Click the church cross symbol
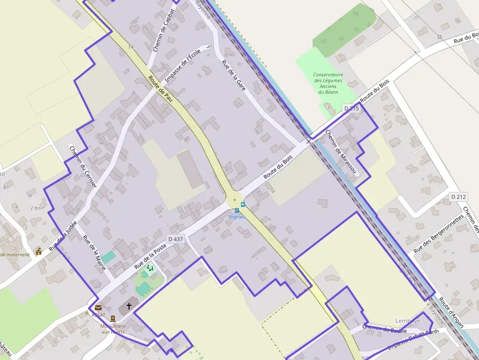click(x=129, y=306)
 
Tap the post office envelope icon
click(x=98, y=308)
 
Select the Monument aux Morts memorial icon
click(x=113, y=318)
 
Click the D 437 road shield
click(x=175, y=239)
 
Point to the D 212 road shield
click(x=459, y=196)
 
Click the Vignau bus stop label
click(x=237, y=216)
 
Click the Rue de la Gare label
click(x=234, y=77)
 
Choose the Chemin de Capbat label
click(x=163, y=30)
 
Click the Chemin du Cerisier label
click(x=83, y=166)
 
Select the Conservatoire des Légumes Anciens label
click(x=328, y=83)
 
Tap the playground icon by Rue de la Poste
click(x=150, y=268)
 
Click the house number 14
click(x=131, y=47)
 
